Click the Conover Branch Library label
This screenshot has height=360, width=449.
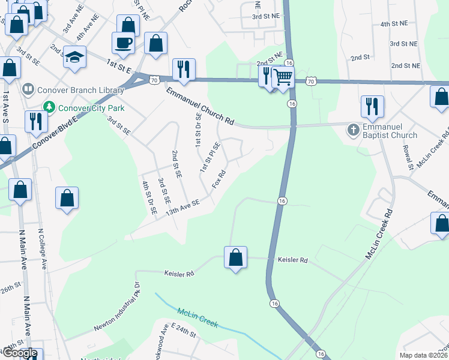click(x=80, y=90)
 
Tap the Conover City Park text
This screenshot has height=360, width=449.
click(x=91, y=108)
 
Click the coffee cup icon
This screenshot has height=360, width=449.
click(x=124, y=43)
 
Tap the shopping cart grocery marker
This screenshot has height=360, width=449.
click(x=283, y=76)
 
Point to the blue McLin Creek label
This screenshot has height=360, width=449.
click(x=197, y=317)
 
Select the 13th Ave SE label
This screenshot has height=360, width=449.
click(x=182, y=208)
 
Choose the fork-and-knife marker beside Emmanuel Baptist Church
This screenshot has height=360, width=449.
click(x=372, y=107)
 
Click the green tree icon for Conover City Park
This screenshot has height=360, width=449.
click(x=49, y=108)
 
